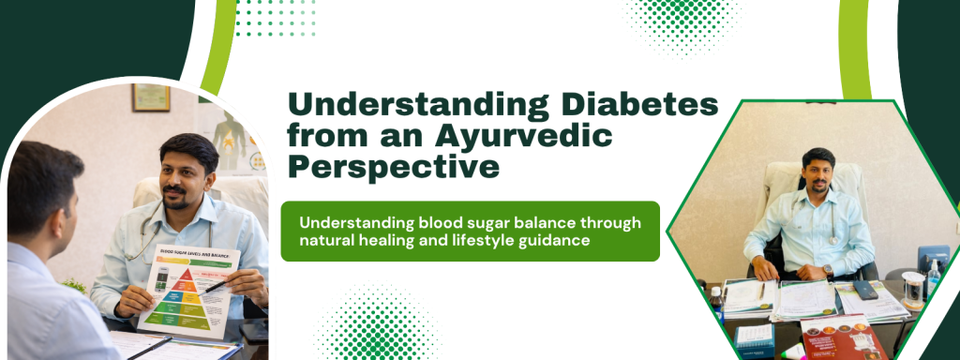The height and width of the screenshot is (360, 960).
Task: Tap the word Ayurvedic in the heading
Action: coord(520,137)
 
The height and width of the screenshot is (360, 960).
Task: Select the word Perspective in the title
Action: coord(394,167)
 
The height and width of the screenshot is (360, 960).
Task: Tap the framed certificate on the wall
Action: coord(150,97)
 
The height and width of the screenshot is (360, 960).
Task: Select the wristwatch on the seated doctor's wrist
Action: coord(827,271)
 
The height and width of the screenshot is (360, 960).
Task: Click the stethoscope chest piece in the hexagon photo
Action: coord(832,240)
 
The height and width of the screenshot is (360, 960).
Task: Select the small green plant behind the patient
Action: coord(75,283)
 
